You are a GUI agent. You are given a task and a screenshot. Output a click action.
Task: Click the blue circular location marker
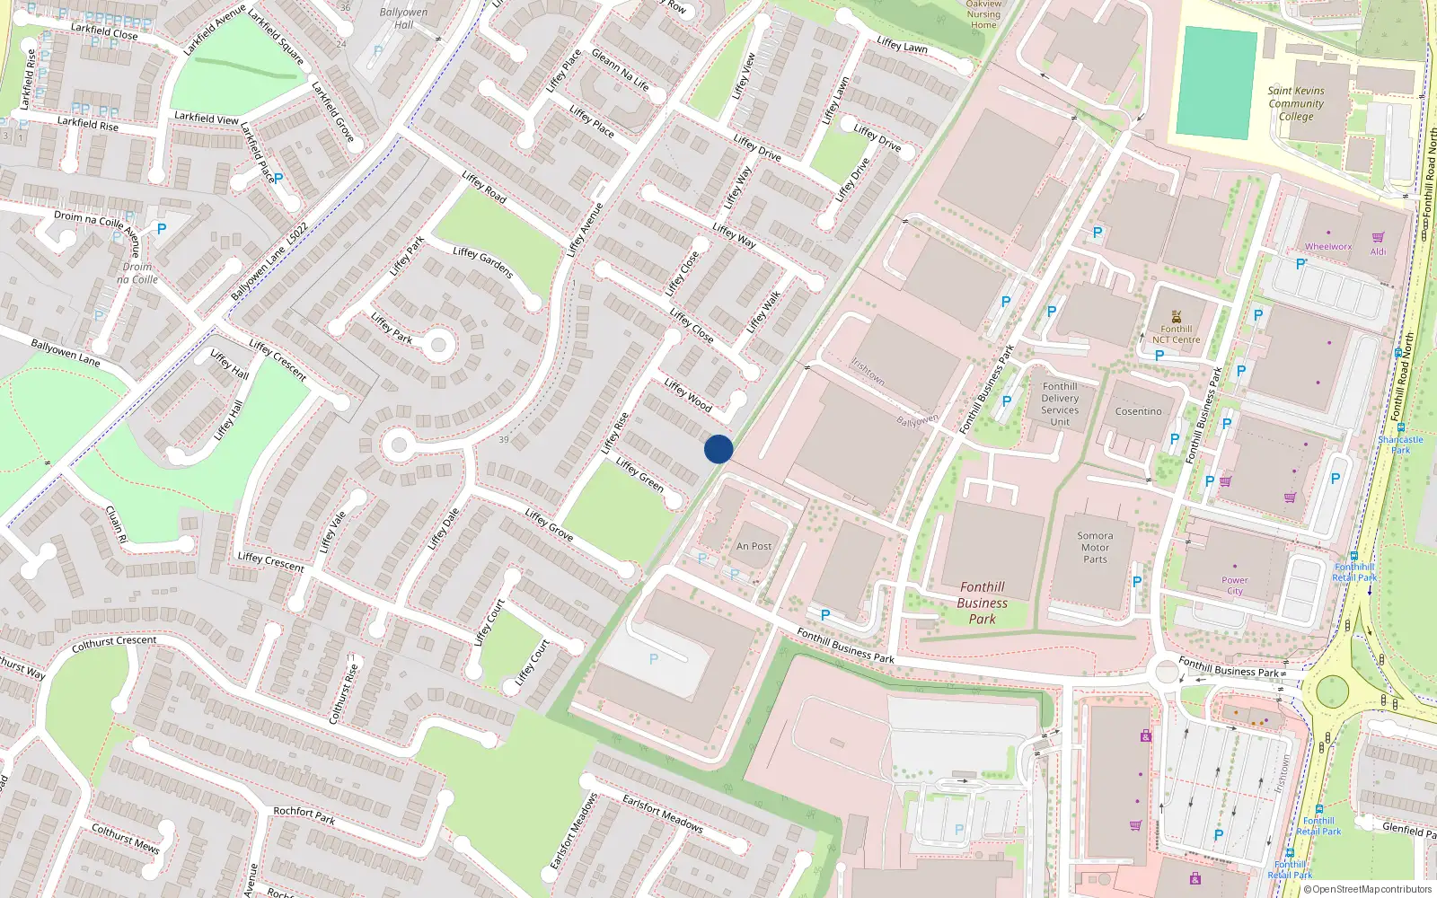click(x=718, y=449)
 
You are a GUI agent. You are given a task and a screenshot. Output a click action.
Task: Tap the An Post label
click(x=754, y=546)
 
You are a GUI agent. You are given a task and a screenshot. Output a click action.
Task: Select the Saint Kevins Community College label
click(x=1295, y=103)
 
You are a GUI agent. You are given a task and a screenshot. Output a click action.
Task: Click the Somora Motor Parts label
click(x=1095, y=547)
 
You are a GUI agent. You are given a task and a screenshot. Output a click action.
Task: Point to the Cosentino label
click(x=1138, y=411)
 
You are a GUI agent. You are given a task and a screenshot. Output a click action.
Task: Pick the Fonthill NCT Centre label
click(x=1176, y=334)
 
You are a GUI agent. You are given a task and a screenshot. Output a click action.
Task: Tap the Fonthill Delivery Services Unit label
click(x=1060, y=404)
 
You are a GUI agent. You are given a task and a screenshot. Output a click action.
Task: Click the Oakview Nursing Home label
click(x=983, y=14)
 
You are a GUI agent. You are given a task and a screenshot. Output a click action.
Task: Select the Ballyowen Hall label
click(x=403, y=18)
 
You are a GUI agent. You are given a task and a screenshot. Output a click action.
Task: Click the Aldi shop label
click(x=1378, y=251)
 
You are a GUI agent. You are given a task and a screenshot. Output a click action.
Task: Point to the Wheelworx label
click(x=1327, y=246)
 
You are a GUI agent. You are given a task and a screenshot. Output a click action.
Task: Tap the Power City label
click(x=1235, y=585)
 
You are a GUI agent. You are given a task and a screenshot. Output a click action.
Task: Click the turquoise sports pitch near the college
click(x=1217, y=83)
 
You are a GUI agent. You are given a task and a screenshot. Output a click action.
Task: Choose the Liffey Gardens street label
click(x=483, y=262)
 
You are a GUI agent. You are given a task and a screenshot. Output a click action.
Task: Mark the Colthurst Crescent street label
click(x=114, y=644)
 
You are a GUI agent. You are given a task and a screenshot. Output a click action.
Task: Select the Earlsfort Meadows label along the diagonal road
click(x=663, y=814)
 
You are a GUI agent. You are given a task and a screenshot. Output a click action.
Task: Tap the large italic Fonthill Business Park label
click(x=982, y=603)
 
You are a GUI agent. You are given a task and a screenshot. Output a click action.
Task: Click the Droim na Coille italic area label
click(x=137, y=273)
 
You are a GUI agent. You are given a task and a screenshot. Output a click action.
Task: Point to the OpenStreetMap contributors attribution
click(x=1369, y=889)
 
